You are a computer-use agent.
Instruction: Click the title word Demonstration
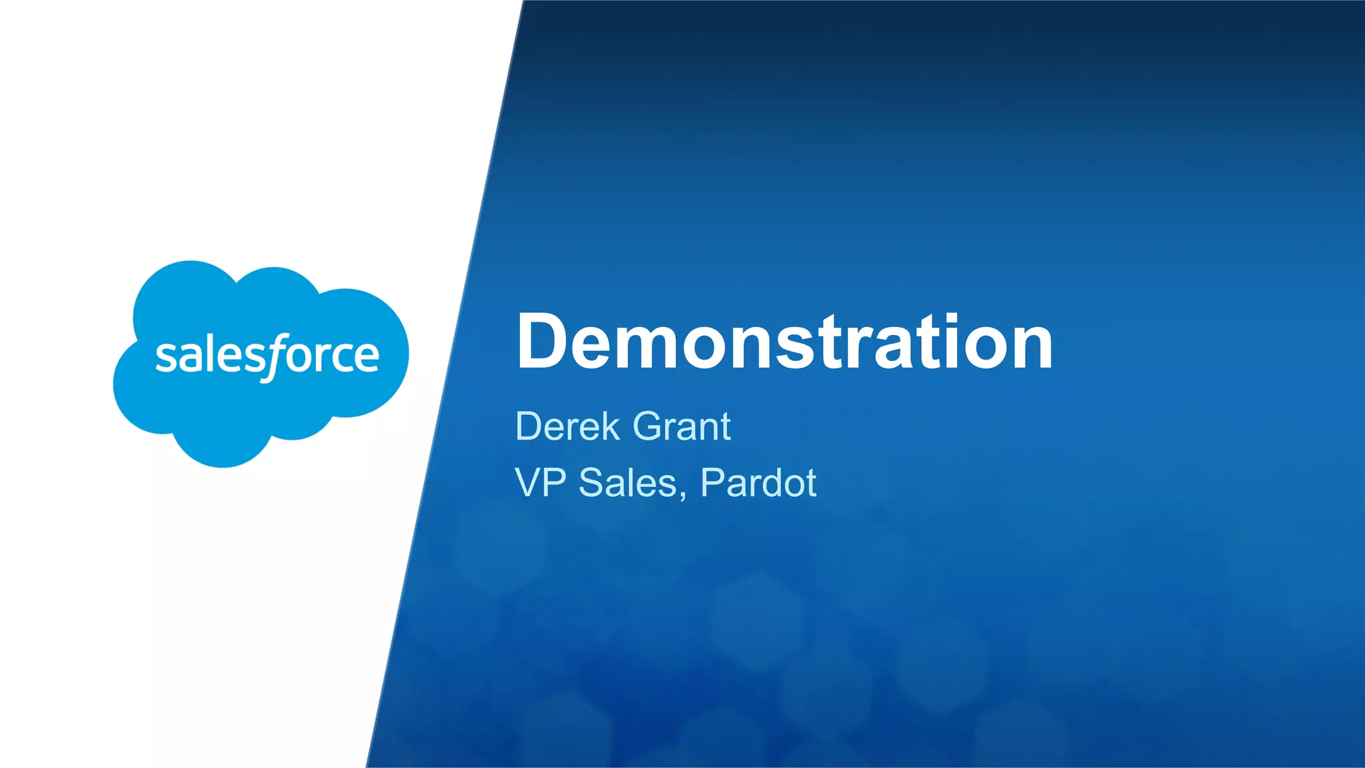coord(784,342)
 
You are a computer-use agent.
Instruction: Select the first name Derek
coord(567,426)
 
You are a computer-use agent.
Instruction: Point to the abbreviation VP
coord(541,482)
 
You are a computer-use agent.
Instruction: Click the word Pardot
coord(758,482)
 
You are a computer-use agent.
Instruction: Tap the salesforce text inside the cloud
coord(267,356)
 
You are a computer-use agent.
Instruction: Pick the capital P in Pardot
coord(712,482)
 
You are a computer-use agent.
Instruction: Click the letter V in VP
coord(529,482)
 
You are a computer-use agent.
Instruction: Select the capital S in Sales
coord(591,482)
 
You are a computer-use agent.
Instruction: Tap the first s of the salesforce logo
coord(164,358)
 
